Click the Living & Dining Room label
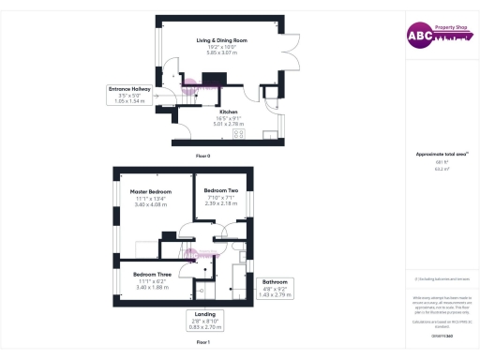click(221, 40)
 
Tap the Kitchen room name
click(229, 111)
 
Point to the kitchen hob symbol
click(239, 132)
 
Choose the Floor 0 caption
click(202, 155)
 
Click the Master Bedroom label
click(151, 191)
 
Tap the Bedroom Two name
click(221, 190)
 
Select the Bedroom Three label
click(150, 275)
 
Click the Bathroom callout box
click(275, 288)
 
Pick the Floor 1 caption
click(202, 343)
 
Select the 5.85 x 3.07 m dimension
click(221, 52)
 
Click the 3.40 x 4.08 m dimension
click(151, 203)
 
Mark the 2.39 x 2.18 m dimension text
click(221, 202)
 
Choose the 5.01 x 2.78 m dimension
click(229, 123)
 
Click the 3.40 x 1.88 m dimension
click(150, 287)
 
